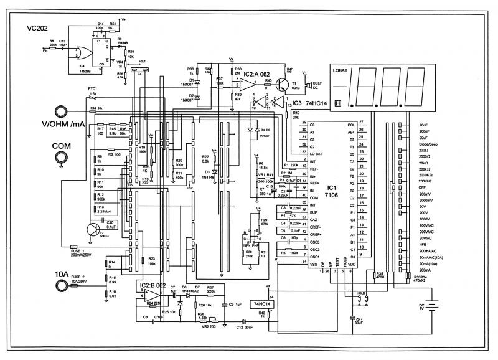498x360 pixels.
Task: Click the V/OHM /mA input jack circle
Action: (x=61, y=111)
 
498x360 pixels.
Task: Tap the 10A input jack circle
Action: (x=61, y=285)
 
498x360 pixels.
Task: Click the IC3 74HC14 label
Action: (x=306, y=103)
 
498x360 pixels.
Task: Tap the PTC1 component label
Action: (x=93, y=90)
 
